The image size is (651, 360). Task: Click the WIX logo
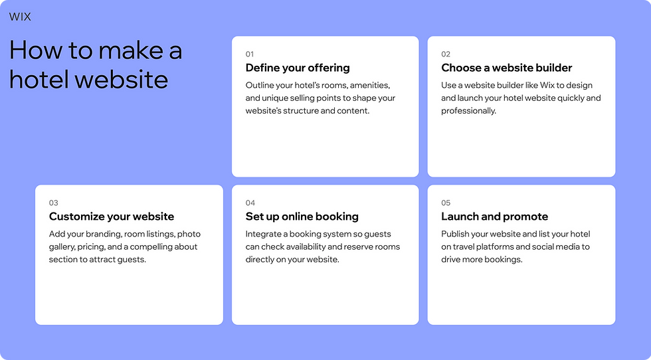20,17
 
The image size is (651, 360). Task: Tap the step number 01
250,54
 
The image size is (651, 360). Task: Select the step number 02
446,54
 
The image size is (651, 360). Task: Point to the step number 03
54,203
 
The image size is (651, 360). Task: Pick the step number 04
250,203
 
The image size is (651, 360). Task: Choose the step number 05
446,203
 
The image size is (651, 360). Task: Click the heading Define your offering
298,68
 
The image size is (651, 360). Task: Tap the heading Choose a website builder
506,68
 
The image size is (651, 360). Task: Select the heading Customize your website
112,217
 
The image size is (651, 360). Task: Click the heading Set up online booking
302,217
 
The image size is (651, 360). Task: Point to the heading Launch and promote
494,217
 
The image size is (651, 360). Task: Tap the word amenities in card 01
369,86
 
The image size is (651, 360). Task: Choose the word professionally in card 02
468,111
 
